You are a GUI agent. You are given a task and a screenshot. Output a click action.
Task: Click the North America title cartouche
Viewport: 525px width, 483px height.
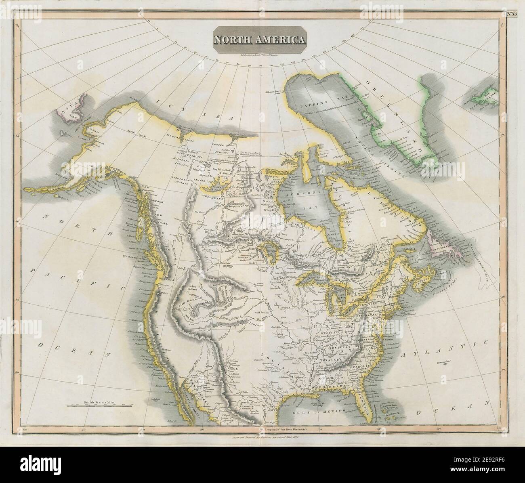pos(260,40)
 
